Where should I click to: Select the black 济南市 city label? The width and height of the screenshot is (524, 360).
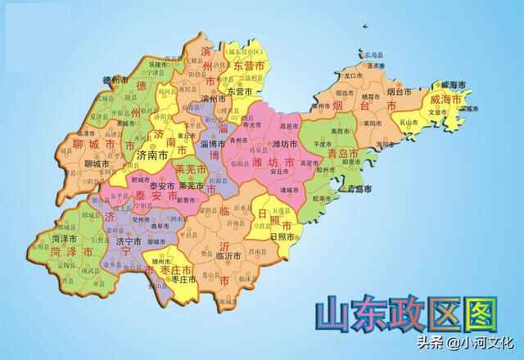pos(153,153)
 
